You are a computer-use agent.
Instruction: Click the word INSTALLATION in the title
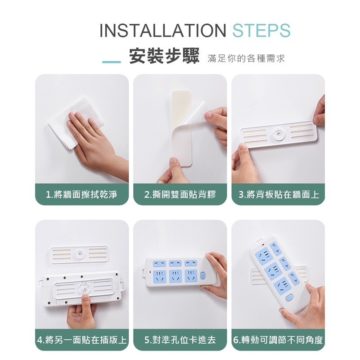[162, 31]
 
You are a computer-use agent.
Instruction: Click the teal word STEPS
[261, 31]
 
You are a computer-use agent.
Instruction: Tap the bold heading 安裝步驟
[164, 58]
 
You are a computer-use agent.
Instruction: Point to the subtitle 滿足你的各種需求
[246, 59]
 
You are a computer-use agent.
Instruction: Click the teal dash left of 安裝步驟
[111, 61]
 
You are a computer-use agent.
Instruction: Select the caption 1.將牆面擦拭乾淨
[81, 195]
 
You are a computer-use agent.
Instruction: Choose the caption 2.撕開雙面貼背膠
[180, 195]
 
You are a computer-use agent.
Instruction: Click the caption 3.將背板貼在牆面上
[279, 195]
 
